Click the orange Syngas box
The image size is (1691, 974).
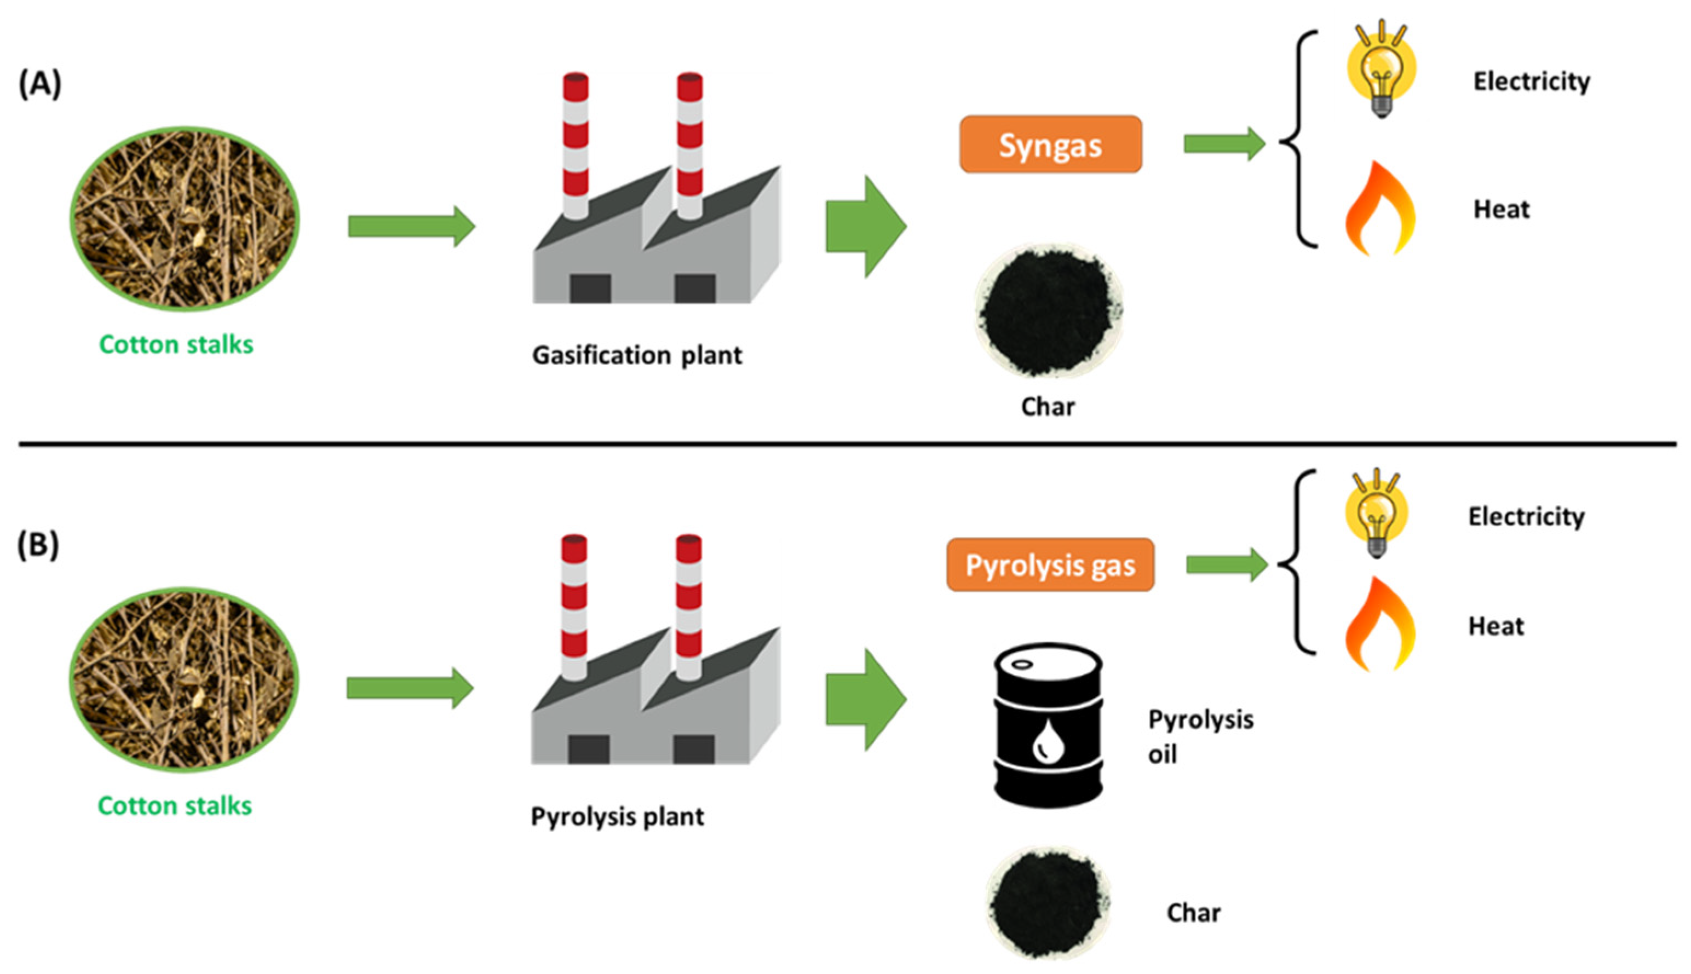[1050, 145]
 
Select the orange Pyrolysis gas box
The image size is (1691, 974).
[1050, 565]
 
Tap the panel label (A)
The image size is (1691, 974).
[40, 84]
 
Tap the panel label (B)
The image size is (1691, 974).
[38, 545]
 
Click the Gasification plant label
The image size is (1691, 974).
[637, 355]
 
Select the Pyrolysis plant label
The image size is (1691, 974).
[617, 817]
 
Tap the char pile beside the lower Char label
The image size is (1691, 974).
[1048, 903]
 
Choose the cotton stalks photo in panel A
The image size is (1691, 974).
[185, 219]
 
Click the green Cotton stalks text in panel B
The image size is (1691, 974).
[175, 806]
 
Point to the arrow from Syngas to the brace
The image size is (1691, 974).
[1223, 143]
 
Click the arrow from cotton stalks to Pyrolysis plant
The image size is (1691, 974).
[410, 688]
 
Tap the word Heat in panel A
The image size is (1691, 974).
[1501, 209]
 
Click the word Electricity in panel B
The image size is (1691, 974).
[1526, 516]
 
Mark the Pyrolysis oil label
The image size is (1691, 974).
[1200, 736]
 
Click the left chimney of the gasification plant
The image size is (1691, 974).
[576, 144]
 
